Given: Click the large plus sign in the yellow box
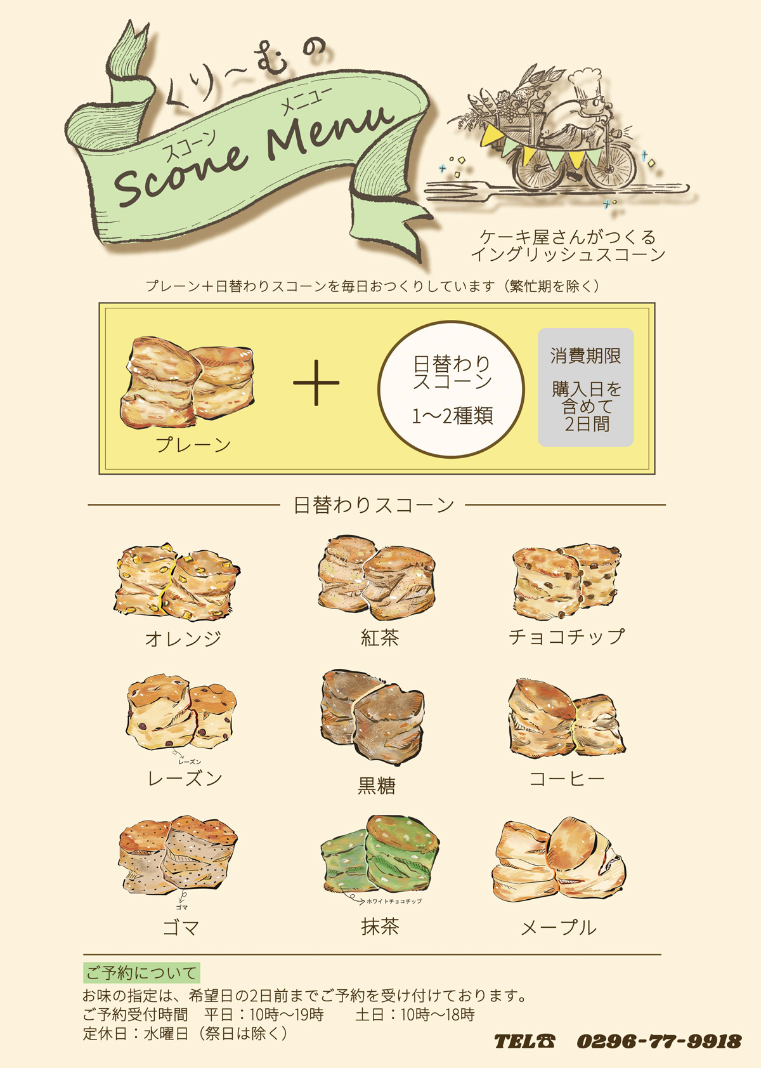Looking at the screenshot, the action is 316,383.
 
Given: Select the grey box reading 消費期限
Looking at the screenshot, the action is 585,387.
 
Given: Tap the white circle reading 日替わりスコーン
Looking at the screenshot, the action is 451,389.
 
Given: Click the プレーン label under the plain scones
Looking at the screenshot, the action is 193,445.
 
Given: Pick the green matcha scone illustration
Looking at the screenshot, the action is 379,854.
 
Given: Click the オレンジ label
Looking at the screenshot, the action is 183,638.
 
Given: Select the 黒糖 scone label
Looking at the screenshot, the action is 377,786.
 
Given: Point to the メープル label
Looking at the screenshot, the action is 559,928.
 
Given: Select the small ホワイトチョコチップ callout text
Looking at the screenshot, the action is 394,901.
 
